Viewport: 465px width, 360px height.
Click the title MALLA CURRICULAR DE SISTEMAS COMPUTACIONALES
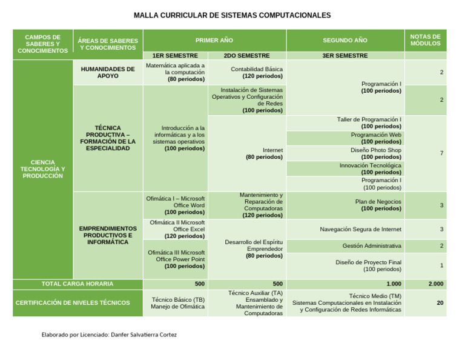pyautogui.click(x=232, y=15)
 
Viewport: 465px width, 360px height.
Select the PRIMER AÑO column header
pyautogui.click(x=214, y=40)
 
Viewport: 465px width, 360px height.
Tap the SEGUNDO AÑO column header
pyautogui.click(x=345, y=40)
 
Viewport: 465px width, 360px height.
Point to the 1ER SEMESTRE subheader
pyautogui.click(x=174, y=55)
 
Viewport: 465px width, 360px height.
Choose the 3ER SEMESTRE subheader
pyautogui.click(x=345, y=55)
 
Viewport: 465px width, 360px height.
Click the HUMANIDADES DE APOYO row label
pyautogui.click(x=108, y=72)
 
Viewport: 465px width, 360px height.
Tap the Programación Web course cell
pyautogui.click(x=375, y=138)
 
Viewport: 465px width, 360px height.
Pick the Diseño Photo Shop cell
pyautogui.click(x=375, y=153)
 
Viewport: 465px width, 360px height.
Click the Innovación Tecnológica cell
pyautogui.click(x=370, y=168)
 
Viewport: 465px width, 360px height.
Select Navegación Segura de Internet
pyautogui.click(x=360, y=229)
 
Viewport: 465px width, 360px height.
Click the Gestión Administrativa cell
pyautogui.click(x=371, y=245)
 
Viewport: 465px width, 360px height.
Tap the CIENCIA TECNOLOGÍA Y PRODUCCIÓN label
pyautogui.click(x=42, y=168)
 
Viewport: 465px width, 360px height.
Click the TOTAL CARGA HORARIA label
pyautogui.click(x=77, y=284)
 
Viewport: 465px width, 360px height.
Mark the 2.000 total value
pyautogui.click(x=435, y=284)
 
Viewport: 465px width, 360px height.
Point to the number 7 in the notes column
pyautogui.click(x=441, y=153)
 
